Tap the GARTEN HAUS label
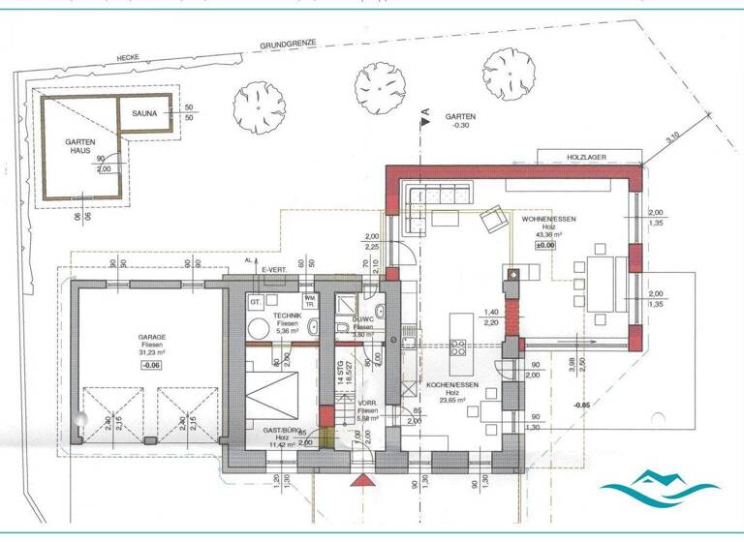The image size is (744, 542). coord(78,147)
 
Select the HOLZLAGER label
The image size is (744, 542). coord(586,156)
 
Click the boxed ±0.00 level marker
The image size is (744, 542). coord(548,245)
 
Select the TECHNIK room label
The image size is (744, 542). coord(288,316)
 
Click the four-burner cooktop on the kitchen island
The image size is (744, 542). coord(458,346)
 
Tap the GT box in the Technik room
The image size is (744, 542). coord(256,302)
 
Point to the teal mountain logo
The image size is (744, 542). coord(660,484)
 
